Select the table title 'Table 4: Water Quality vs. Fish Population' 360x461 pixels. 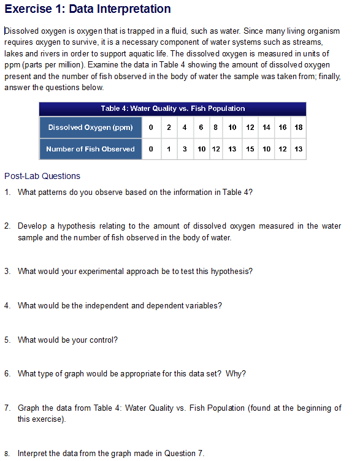pyautogui.click(x=172, y=109)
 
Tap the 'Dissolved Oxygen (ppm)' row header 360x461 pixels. pyautogui.click(x=90, y=128)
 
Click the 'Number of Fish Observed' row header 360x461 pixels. pyautogui.click(x=90, y=149)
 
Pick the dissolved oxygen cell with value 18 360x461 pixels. pyautogui.click(x=298, y=128)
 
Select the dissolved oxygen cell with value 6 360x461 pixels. pyautogui.click(x=201, y=128)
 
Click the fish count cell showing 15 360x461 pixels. pyautogui.click(x=250, y=149)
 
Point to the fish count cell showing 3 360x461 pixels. pyautogui.click(x=184, y=149)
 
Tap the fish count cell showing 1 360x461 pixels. pyautogui.click(x=168, y=149)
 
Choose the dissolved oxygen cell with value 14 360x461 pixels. pyautogui.click(x=266, y=128)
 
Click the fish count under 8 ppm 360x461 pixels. pyautogui.click(x=216, y=149)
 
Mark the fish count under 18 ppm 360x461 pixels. pyautogui.click(x=298, y=149)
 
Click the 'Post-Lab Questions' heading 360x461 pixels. pyautogui.click(x=42, y=176)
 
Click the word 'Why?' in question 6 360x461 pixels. pyautogui.click(x=236, y=374)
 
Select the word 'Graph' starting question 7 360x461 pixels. pyautogui.click(x=29, y=408)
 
